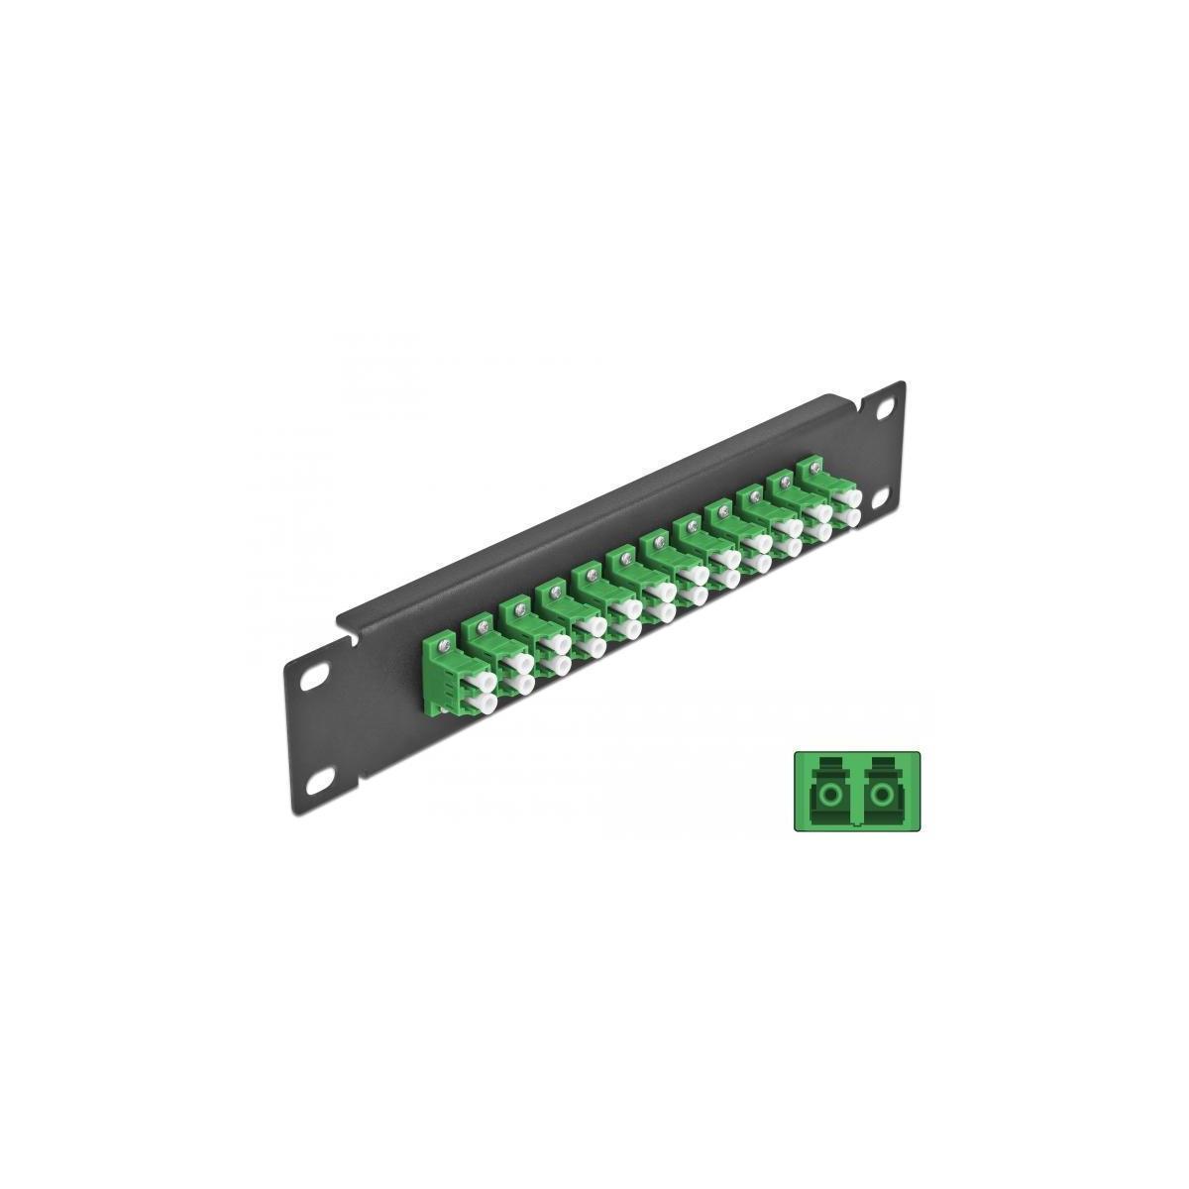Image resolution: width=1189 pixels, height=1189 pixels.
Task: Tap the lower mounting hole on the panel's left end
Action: (x=319, y=784)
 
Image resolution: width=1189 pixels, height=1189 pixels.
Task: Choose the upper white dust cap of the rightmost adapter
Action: (x=847, y=499)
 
